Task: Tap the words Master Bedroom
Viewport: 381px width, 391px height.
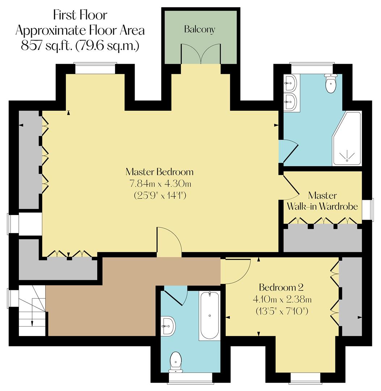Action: [160, 171]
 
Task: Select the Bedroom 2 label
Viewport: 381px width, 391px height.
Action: [281, 288]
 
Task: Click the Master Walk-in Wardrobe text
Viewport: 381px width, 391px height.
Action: [322, 201]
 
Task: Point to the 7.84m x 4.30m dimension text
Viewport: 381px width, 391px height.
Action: [160, 184]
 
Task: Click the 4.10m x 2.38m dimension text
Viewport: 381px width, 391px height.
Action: [281, 299]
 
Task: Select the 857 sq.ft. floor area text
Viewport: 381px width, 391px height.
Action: [80, 46]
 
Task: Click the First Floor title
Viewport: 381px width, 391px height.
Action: [80, 15]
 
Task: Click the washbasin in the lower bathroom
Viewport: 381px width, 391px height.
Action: [169, 325]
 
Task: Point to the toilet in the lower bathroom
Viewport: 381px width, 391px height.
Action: [176, 361]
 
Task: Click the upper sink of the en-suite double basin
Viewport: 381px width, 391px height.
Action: [290, 83]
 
